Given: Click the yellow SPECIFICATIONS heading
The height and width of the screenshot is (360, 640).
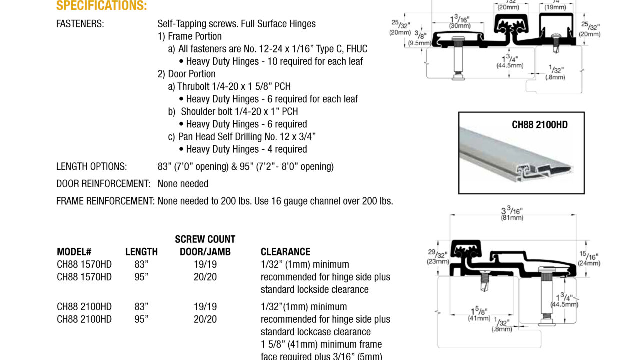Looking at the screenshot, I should click(102, 6).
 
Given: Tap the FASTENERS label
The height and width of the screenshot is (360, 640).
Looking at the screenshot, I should click(80, 24).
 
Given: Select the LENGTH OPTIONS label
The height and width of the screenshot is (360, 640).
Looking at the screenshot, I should click(92, 167).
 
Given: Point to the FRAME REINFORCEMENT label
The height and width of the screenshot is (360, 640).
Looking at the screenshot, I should click(105, 201).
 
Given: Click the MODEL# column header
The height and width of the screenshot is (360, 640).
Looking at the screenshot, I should click(74, 252).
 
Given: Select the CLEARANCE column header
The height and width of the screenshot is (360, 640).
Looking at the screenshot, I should click(285, 252).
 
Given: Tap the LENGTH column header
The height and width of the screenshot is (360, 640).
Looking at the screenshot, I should click(141, 252).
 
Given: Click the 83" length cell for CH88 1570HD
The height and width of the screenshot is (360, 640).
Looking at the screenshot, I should click(141, 264).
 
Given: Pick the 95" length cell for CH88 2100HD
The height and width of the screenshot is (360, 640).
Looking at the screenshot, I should click(141, 319).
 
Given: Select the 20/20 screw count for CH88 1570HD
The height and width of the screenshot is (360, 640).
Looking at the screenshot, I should click(205, 277).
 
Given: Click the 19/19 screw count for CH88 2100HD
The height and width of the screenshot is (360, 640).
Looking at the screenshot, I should click(205, 307).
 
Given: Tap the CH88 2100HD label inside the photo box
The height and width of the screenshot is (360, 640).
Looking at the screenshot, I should click(540, 125).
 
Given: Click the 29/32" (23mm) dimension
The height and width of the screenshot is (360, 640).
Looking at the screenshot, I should click(438, 257).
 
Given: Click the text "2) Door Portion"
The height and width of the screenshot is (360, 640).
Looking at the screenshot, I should click(187, 74).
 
